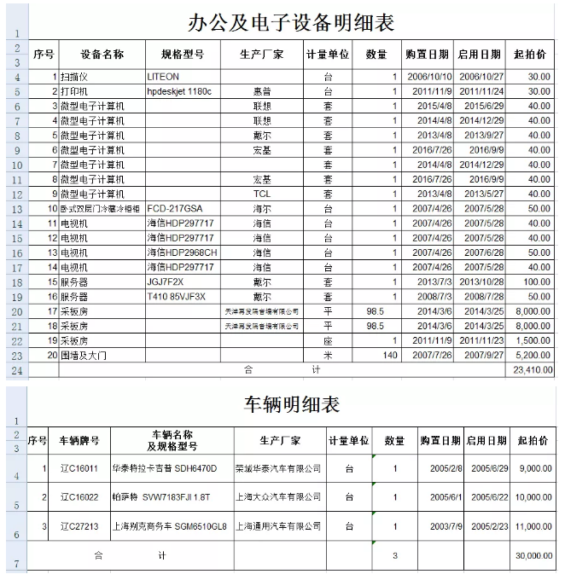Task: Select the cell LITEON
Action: tap(164, 77)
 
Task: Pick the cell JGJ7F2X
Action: tap(165, 282)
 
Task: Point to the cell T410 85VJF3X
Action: tap(177, 297)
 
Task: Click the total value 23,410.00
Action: tap(533, 370)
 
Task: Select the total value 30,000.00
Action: tap(533, 555)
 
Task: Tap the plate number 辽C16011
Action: tap(79, 468)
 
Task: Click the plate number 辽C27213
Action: tap(79, 526)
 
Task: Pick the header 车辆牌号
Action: tap(79, 441)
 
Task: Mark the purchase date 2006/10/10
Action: tap(429, 77)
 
